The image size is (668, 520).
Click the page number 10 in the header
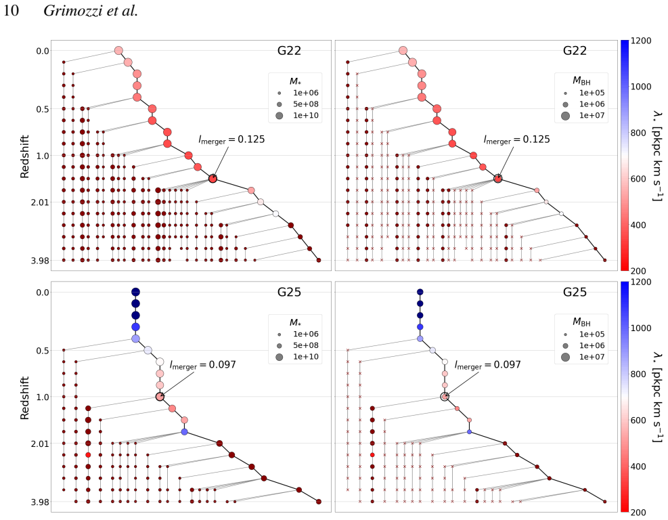11,11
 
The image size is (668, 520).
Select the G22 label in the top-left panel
289,51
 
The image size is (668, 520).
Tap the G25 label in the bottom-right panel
575,292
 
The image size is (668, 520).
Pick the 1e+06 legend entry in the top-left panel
305,93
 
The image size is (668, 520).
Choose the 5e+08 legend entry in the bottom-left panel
305,345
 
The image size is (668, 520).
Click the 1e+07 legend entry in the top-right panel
592,115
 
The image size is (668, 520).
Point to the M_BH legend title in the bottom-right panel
581,322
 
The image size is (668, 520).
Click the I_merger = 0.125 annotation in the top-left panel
231,139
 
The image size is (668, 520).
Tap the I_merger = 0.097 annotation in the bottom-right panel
487,365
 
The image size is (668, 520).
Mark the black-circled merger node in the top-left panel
213,179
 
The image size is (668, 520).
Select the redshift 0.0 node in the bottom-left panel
135,292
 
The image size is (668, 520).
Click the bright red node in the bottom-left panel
88,455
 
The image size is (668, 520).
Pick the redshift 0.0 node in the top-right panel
403,51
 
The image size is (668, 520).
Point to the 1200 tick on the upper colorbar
641,41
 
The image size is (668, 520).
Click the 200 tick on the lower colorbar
638,513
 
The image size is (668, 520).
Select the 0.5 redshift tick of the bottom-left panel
43,350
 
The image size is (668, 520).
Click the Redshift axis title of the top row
25,156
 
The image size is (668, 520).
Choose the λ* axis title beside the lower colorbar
657,397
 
